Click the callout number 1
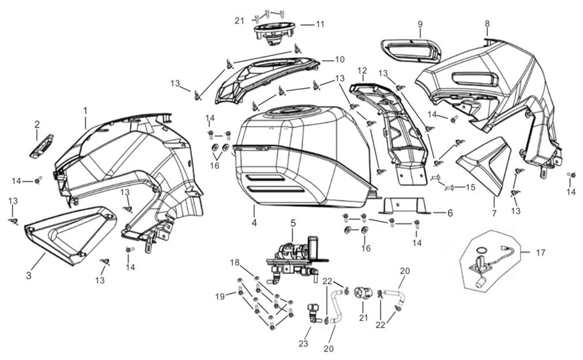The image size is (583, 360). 85,109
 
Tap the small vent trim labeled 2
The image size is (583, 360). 41,146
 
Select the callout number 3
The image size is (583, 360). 28,275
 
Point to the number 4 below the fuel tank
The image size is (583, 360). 253,222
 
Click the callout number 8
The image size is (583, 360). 487,24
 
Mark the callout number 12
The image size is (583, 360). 362,71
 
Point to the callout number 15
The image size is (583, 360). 471,187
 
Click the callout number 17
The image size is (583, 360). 540,252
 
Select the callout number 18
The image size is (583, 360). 234,263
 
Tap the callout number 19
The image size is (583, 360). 219,297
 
